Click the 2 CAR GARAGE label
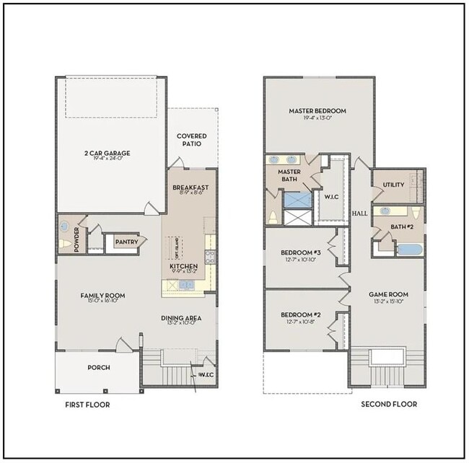point(106,153)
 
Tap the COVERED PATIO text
point(191,140)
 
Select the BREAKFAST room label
point(190,188)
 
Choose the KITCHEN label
point(183,266)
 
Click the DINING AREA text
point(180,318)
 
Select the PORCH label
point(99,368)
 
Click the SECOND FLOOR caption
point(388,405)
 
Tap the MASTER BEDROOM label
point(317,111)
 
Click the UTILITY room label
point(393,185)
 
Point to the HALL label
point(359,214)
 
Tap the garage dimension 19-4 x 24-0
point(106,160)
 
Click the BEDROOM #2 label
point(300,315)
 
